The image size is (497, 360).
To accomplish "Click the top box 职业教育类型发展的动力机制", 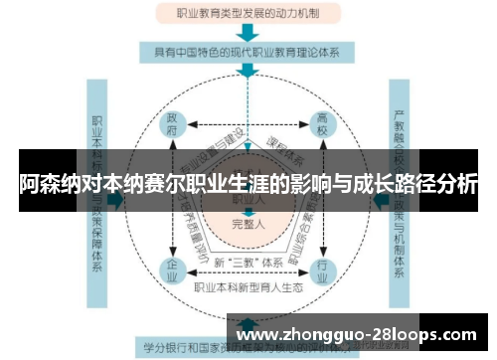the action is [248, 14].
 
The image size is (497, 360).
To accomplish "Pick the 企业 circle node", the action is [173, 269].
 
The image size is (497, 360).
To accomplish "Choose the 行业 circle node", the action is [323, 269].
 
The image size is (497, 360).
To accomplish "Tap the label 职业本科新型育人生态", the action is [248, 287].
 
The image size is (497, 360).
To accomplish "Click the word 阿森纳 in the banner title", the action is [47, 184].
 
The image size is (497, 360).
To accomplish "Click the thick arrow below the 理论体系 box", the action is [248, 72].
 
